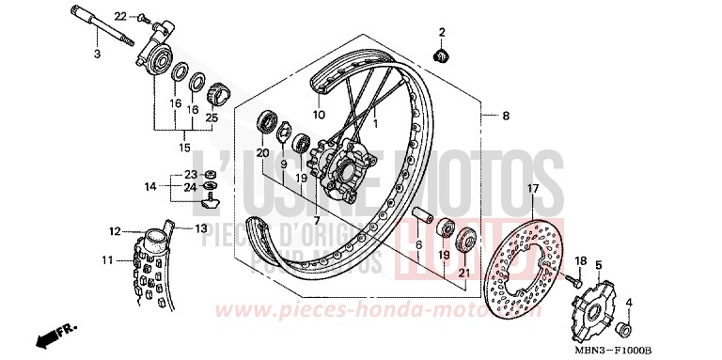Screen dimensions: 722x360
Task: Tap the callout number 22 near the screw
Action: pyautogui.click(x=120, y=17)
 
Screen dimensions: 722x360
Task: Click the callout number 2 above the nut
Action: pyautogui.click(x=440, y=34)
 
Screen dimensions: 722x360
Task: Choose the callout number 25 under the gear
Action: pyautogui.click(x=212, y=117)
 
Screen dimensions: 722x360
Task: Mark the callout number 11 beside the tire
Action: pyautogui.click(x=107, y=259)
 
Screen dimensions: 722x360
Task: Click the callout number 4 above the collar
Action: pyautogui.click(x=629, y=302)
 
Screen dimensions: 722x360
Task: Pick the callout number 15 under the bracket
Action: pyautogui.click(x=183, y=148)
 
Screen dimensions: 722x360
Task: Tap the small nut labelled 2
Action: pyautogui.click(x=439, y=55)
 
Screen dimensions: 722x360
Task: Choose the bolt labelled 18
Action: pyautogui.click(x=575, y=278)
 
